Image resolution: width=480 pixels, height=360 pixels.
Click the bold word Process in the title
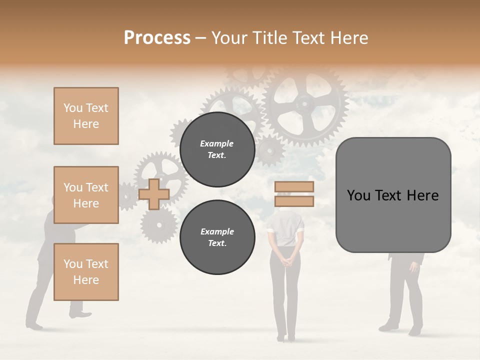pyautogui.click(x=157, y=38)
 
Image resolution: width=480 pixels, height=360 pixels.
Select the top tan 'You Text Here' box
pyautogui.click(x=86, y=116)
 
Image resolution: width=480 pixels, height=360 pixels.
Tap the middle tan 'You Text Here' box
pyautogui.click(x=86, y=195)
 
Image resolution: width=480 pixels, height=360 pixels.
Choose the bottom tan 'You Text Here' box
pyautogui.click(x=86, y=272)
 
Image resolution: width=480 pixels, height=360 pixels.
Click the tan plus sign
pyautogui.click(x=154, y=194)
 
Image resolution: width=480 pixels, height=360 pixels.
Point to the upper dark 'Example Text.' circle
pyautogui.click(x=217, y=149)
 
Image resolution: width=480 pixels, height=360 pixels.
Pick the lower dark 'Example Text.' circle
pyautogui.click(x=217, y=237)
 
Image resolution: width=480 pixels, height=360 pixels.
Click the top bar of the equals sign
pyautogui.click(x=294, y=186)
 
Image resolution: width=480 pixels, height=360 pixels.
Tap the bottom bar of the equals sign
pyautogui.click(x=294, y=201)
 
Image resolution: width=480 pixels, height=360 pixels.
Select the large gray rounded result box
pyautogui.click(x=393, y=195)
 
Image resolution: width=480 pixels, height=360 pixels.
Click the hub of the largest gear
pyautogui.click(x=304, y=104)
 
